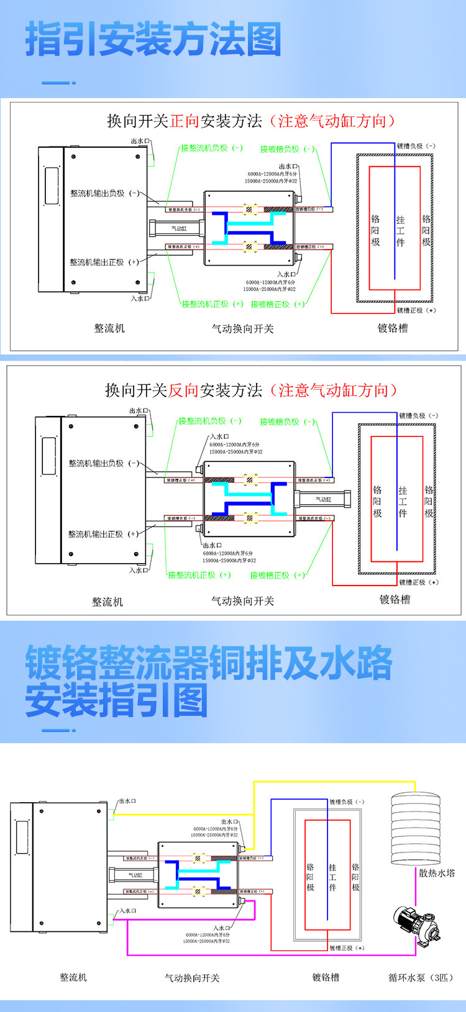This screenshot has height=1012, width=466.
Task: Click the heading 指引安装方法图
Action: (153, 40)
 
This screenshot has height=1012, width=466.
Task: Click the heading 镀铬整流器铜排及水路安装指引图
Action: (209, 681)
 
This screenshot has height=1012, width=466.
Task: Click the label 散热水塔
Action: (437, 873)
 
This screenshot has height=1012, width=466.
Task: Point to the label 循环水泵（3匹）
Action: (421, 977)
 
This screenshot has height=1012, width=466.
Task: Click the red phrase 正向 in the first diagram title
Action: (185, 121)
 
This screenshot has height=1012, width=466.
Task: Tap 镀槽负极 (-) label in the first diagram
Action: (416, 147)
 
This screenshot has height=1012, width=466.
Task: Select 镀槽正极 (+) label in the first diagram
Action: (416, 310)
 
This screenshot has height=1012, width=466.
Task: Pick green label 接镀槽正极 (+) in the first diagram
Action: (278, 304)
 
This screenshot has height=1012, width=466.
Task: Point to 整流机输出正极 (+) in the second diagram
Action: (103, 534)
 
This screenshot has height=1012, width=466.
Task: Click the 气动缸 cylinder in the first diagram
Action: (178, 229)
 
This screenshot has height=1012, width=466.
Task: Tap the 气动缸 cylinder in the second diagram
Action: (323, 499)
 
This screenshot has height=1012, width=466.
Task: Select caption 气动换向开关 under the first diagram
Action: (242, 328)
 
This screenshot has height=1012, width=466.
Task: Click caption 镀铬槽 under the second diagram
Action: (395, 599)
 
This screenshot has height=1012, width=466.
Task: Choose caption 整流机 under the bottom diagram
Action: (73, 977)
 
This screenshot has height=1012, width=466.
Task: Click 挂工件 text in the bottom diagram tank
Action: (332, 877)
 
